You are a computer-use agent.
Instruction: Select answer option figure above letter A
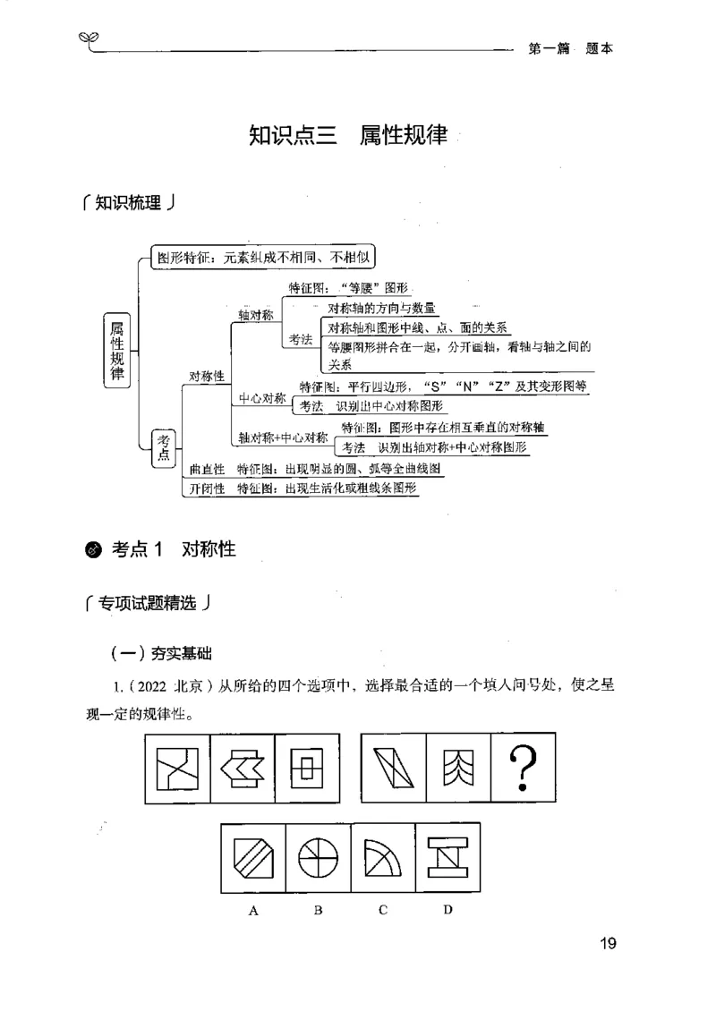[253, 860]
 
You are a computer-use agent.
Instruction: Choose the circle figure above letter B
[318, 860]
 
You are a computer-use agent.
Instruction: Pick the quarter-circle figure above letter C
[382, 860]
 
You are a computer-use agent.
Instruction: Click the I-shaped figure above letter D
[447, 860]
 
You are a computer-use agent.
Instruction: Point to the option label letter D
[447, 911]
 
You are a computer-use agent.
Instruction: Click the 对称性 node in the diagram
[206, 376]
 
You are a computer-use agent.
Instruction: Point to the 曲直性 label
[207, 469]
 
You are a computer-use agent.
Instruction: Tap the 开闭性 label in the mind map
[207, 489]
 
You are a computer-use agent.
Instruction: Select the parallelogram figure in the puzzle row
[393, 767]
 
